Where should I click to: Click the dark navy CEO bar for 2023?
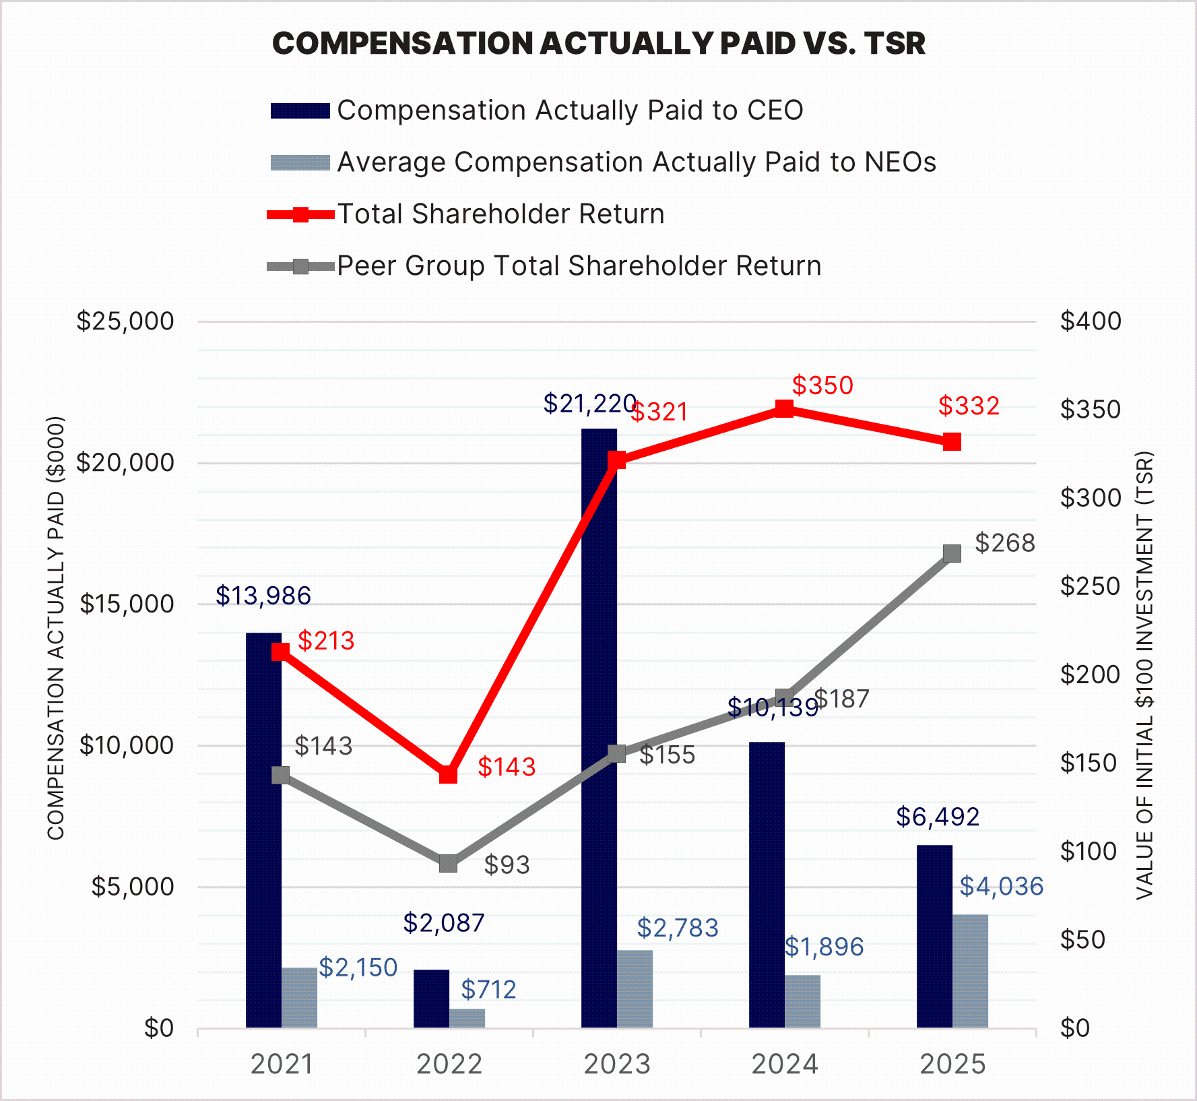tap(599, 728)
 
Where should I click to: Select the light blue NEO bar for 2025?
tap(970, 971)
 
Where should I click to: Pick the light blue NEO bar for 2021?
tap(299, 997)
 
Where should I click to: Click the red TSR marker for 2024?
tap(784, 409)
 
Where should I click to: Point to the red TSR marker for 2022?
tap(449, 775)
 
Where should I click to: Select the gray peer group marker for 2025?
tap(952, 553)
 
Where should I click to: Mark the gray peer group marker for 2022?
tap(449, 863)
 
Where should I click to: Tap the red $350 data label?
tap(822, 385)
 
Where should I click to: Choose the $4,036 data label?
tap(1001, 887)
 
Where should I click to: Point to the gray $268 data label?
tap(1005, 543)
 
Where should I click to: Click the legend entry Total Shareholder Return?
tap(500, 214)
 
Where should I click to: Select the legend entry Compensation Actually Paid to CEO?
tap(570, 111)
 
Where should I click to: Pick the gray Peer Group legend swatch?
tap(300, 267)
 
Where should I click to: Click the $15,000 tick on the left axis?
tap(127, 604)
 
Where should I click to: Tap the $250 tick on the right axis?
tap(1091, 586)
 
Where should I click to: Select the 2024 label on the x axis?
tap(785, 1065)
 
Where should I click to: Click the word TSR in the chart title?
tap(895, 44)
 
